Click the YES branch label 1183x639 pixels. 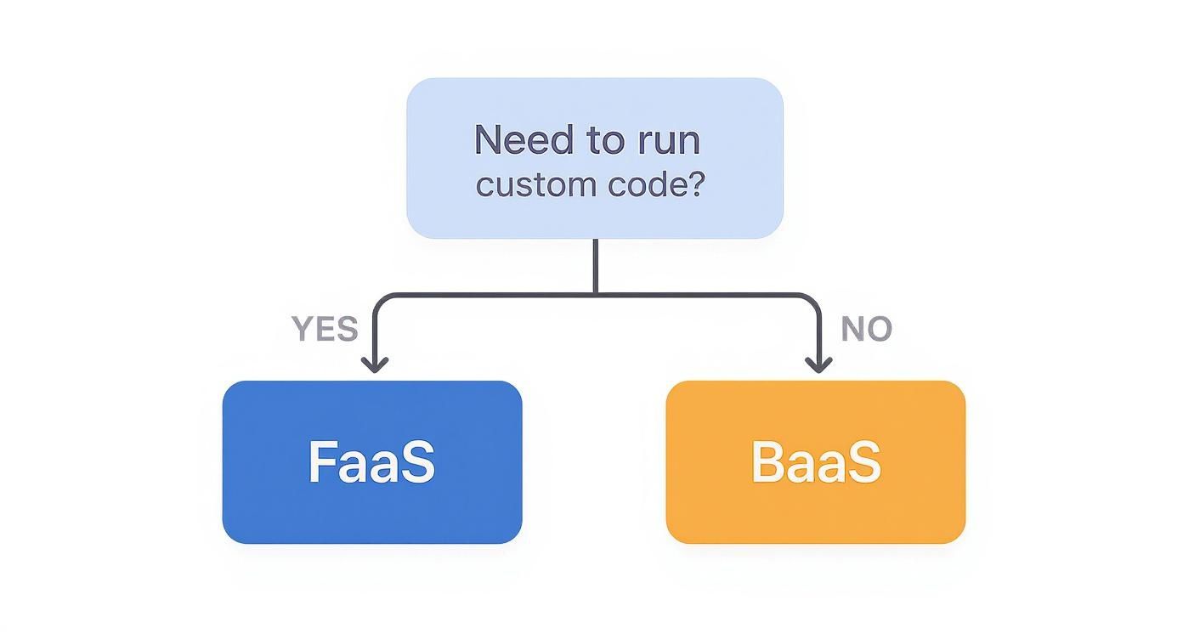[325, 329]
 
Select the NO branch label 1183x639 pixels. [866, 329]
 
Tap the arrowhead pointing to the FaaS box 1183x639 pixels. [375, 365]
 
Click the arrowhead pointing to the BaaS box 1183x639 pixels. [818, 365]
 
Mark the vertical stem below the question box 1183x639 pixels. [595, 265]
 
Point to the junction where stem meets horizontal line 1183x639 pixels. [595, 294]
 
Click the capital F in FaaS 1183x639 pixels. [320, 462]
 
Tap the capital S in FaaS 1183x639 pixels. [418, 462]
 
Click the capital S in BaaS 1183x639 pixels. [864, 462]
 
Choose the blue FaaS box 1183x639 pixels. [372, 510]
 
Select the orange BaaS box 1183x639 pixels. [816, 510]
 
